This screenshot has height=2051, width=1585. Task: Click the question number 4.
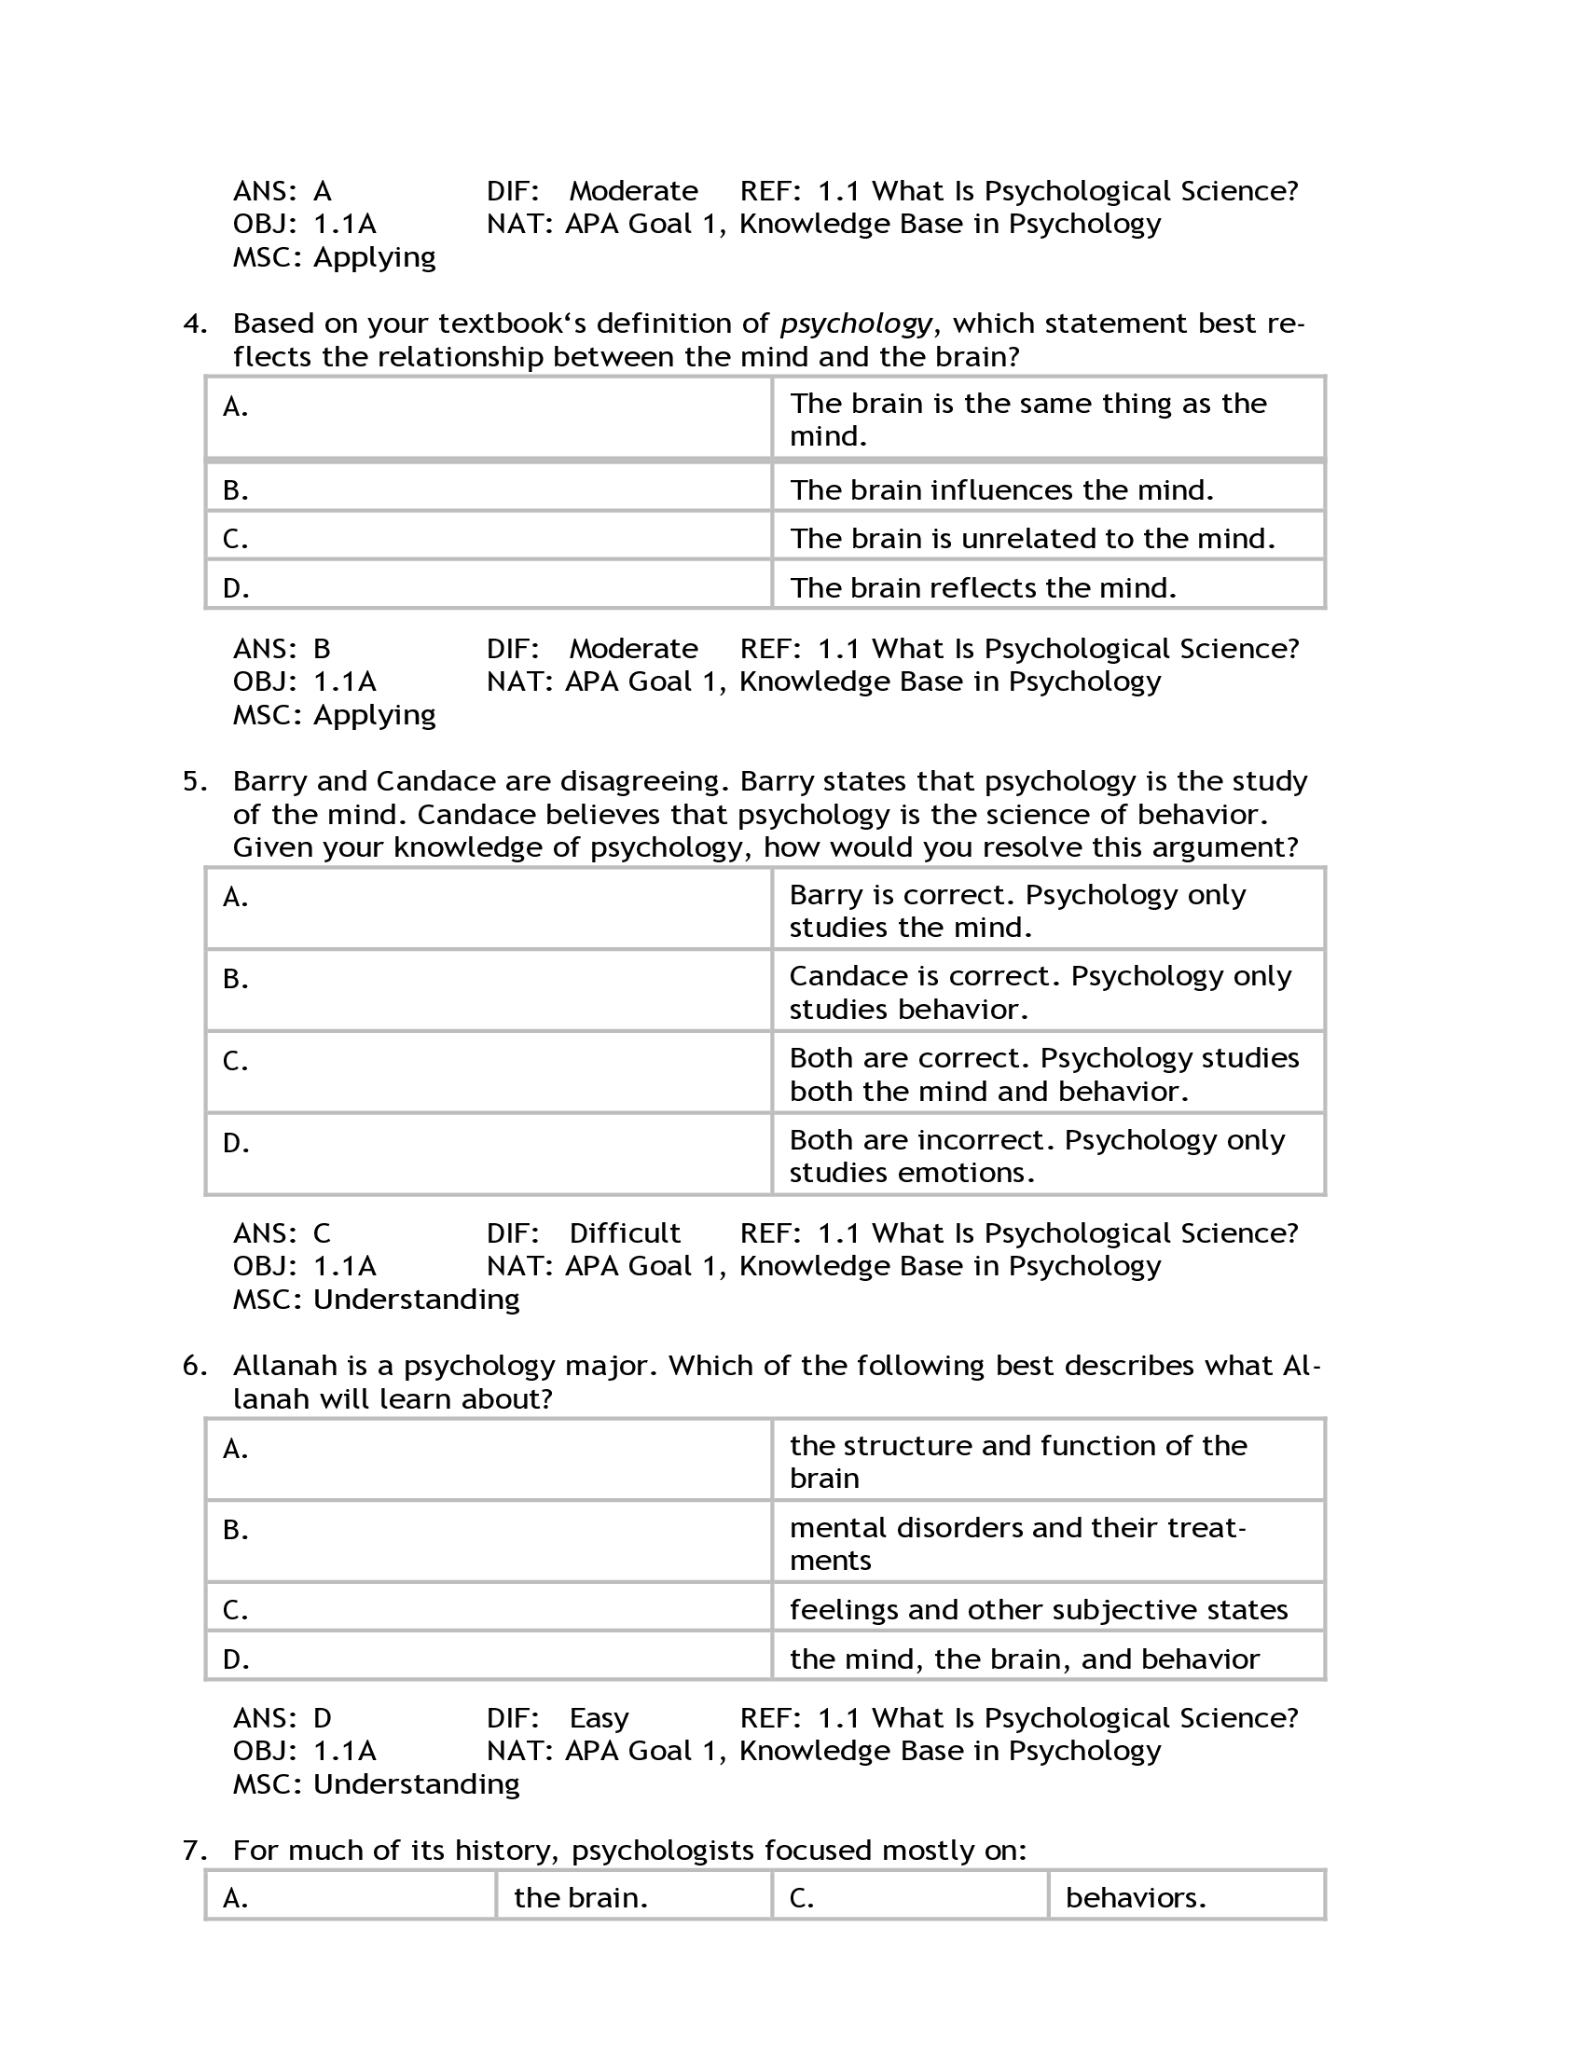point(194,324)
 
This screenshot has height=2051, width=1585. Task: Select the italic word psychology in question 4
point(855,324)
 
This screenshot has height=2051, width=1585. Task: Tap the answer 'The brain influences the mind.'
point(1001,490)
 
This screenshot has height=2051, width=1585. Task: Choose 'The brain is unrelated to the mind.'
point(1032,539)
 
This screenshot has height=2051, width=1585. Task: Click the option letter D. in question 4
point(236,589)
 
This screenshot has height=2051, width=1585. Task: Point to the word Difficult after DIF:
point(625,1233)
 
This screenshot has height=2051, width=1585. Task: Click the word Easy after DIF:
point(599,1717)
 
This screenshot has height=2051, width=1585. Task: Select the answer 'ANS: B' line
point(282,649)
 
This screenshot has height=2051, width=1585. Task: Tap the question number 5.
point(194,781)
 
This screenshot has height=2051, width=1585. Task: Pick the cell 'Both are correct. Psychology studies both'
point(1043,1074)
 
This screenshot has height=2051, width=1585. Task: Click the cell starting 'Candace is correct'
point(1040,993)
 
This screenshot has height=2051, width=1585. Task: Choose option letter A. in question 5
point(236,898)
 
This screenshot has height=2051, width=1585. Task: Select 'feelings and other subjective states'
point(1038,1610)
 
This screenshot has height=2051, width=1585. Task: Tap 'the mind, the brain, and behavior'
point(1024,1659)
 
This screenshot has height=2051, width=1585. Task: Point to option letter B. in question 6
point(236,1530)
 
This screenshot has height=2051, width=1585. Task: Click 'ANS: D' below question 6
point(282,1717)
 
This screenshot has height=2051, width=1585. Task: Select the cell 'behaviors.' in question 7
point(1136,1898)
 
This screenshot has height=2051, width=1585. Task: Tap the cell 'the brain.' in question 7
point(580,1898)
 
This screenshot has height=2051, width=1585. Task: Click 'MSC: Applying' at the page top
point(335,257)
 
